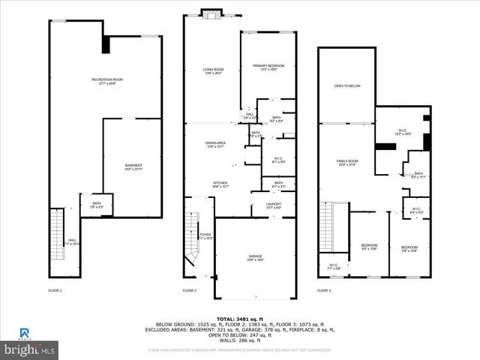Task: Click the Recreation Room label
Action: click(x=107, y=80)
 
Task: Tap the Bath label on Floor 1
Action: click(x=97, y=205)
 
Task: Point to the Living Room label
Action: click(x=212, y=72)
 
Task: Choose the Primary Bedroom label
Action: click(x=268, y=69)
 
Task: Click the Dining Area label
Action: click(x=215, y=145)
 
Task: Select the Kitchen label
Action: click(x=220, y=184)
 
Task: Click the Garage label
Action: click(x=256, y=257)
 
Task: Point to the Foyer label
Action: click(x=205, y=237)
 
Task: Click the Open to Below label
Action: click(x=347, y=86)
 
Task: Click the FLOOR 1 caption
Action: click(x=55, y=290)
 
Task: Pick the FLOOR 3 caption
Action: click(x=324, y=290)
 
